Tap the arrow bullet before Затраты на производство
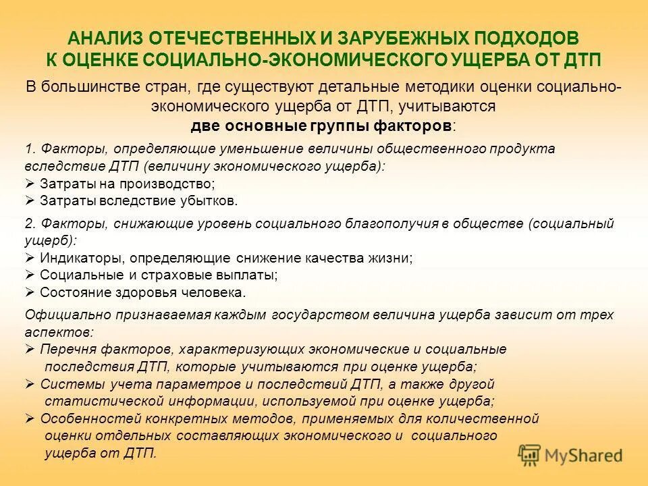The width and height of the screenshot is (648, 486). [x=30, y=184]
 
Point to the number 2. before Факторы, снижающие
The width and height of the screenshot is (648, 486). [x=30, y=224]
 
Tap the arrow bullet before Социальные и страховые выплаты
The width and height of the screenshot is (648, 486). [x=30, y=275]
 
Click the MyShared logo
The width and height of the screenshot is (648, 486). [x=570, y=455]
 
